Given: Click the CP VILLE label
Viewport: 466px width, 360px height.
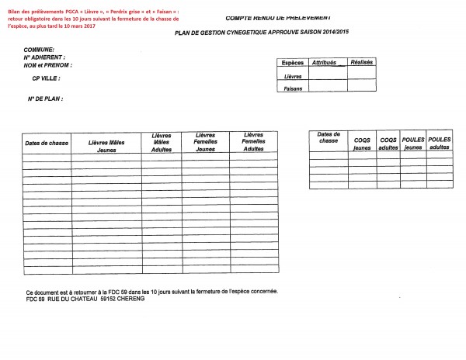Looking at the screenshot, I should click(x=46, y=78).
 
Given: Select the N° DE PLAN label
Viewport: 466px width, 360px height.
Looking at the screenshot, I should click(x=45, y=99).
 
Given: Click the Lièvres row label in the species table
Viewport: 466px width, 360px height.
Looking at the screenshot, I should click(x=293, y=76).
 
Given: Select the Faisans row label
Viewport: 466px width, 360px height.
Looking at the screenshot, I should click(x=293, y=88).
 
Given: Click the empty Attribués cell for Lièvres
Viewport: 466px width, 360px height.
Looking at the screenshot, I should click(x=328, y=75).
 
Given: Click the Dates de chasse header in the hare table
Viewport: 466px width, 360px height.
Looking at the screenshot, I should click(x=47, y=144).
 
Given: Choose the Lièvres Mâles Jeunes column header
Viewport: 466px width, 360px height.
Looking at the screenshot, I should click(x=106, y=146).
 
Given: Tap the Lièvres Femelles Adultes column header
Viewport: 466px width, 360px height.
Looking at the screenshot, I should click(x=253, y=141).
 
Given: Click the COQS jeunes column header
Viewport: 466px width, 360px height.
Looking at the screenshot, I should click(x=362, y=143).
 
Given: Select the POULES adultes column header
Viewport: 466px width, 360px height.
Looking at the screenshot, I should click(x=440, y=143).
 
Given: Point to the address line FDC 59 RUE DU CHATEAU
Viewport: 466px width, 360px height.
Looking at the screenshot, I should click(x=85, y=299).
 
